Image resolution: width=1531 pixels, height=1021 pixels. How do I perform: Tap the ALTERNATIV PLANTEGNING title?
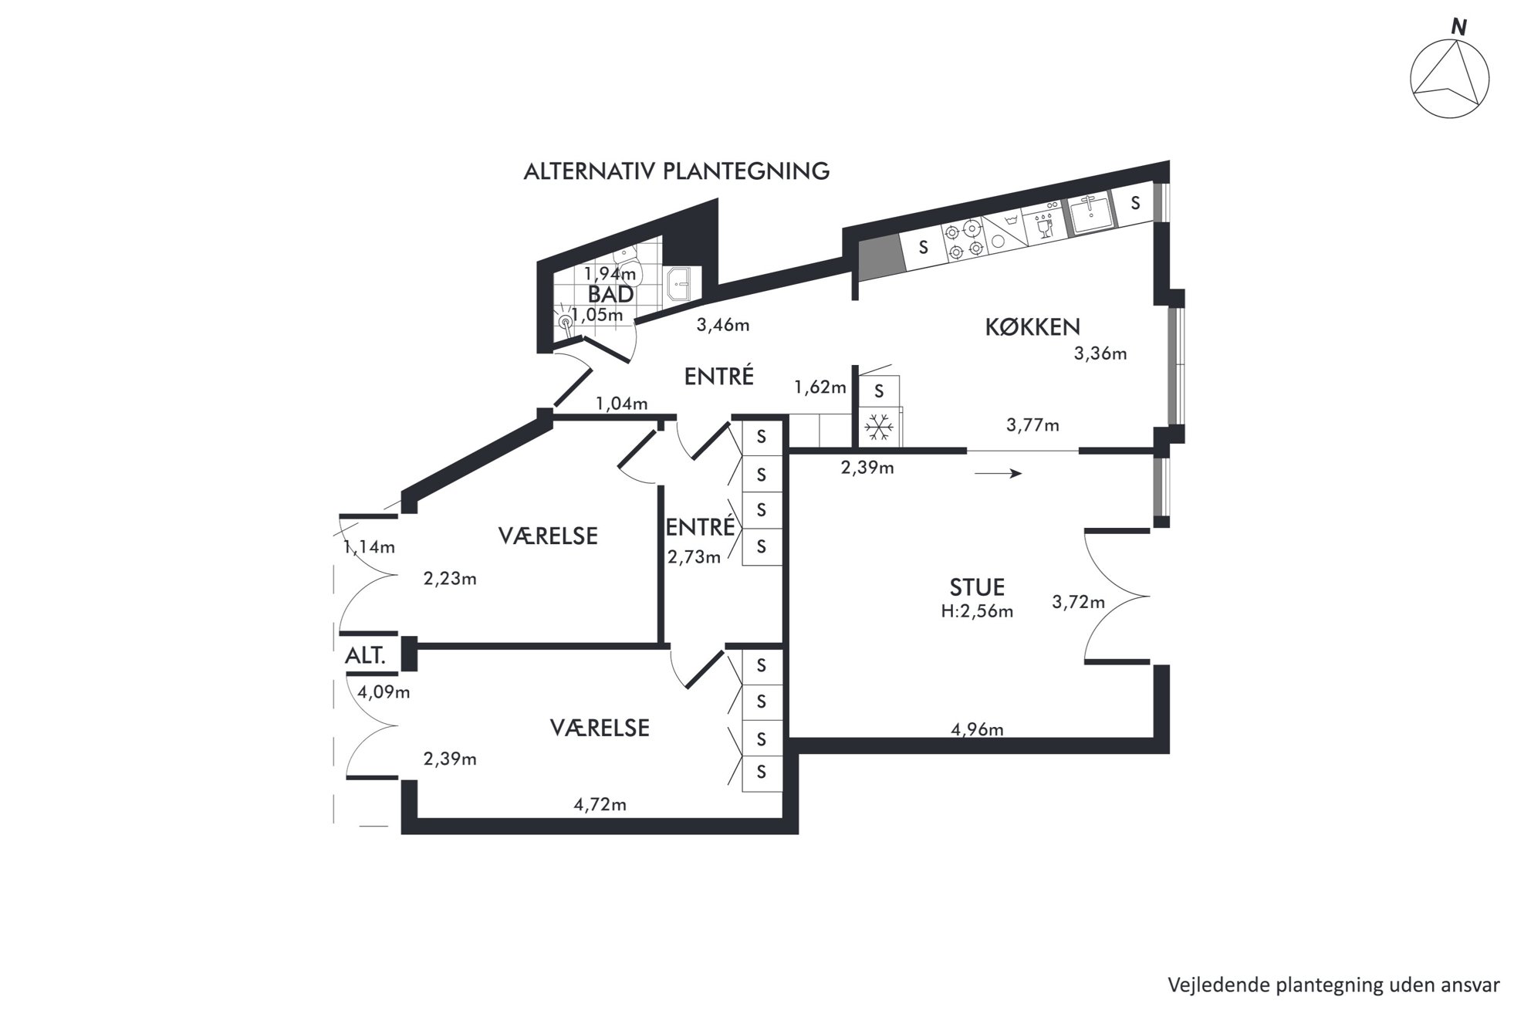click(677, 171)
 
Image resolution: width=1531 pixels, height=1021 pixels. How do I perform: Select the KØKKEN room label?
click(1032, 327)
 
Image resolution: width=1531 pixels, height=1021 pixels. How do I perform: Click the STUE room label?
click(977, 587)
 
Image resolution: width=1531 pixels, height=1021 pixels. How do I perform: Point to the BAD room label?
click(610, 294)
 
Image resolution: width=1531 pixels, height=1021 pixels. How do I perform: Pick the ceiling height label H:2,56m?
click(977, 612)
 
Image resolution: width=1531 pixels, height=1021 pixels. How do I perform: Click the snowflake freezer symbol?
click(878, 427)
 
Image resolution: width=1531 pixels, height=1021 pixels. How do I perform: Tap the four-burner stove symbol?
click(963, 240)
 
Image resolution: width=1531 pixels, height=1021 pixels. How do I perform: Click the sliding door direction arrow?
click(998, 473)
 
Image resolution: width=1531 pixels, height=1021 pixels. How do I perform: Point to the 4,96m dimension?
click(977, 729)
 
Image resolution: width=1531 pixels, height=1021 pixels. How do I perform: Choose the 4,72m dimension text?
click(600, 805)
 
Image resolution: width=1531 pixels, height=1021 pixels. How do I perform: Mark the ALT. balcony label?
click(365, 656)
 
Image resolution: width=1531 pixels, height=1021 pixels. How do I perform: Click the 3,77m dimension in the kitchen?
click(1032, 424)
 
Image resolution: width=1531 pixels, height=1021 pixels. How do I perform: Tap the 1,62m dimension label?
click(820, 387)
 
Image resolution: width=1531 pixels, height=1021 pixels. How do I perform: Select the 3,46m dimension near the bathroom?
click(723, 325)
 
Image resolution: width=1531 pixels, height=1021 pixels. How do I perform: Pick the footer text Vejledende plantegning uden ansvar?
click(1334, 986)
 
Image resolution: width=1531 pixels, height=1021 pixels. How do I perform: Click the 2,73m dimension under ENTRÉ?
click(694, 556)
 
